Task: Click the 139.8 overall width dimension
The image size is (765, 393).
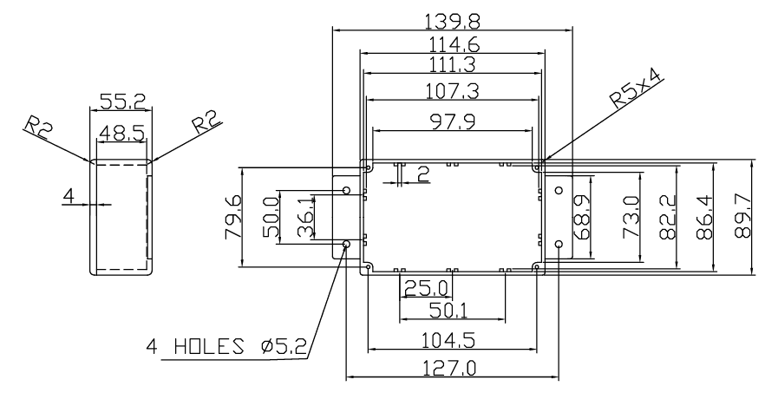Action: (x=452, y=22)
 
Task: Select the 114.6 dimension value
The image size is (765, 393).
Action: (x=454, y=45)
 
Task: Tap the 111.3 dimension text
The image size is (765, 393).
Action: (x=452, y=65)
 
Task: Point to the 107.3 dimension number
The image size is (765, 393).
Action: (x=452, y=91)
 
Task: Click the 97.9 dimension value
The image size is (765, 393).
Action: (x=452, y=121)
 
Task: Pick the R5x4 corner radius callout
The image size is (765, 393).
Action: (x=637, y=88)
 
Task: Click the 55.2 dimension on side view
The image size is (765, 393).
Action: (x=122, y=102)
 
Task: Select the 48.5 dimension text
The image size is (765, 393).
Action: (x=121, y=133)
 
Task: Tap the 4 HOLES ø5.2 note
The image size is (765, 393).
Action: (x=226, y=347)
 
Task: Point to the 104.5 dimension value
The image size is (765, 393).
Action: (x=448, y=340)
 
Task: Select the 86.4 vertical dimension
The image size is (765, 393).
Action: (x=704, y=217)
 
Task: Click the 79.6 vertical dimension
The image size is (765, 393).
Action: (x=232, y=217)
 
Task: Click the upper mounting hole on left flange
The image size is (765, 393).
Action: (x=347, y=190)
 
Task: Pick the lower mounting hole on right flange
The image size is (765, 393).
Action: (x=559, y=244)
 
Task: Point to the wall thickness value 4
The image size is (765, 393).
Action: (x=69, y=196)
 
